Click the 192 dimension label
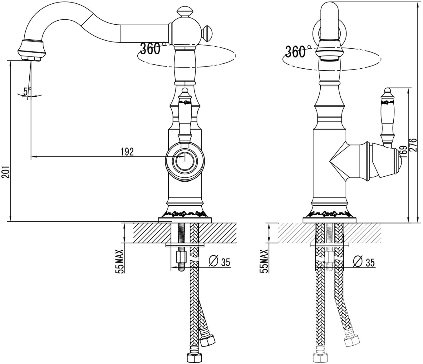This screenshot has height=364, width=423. pyautogui.click(x=127, y=151)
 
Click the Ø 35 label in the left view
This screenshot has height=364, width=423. pyautogui.click(x=220, y=262)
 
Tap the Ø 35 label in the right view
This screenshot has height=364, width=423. pyautogui.click(x=364, y=262)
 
